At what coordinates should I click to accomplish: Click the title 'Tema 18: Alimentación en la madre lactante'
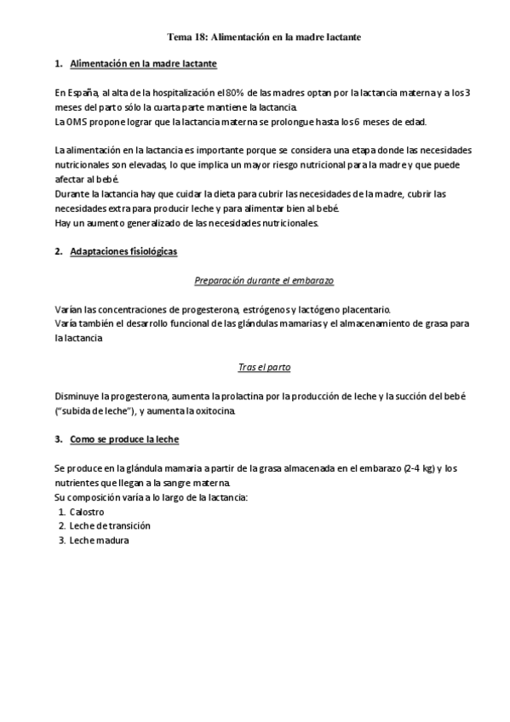[255, 37]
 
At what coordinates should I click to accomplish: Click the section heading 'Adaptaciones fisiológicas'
[123, 253]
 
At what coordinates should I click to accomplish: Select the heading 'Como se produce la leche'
[124, 440]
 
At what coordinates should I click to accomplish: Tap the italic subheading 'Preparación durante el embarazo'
[255, 280]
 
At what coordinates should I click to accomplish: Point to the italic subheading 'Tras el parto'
[255, 369]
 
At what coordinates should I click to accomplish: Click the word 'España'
[83, 93]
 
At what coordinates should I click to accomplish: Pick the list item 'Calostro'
[87, 511]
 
